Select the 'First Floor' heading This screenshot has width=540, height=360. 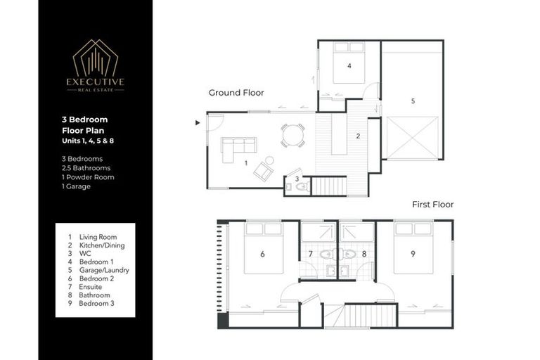click(432, 205)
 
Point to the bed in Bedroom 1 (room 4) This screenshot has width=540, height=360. click(349, 63)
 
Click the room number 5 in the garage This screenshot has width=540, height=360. click(413, 101)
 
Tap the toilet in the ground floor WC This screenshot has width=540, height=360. click(301, 187)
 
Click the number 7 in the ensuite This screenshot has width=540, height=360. click(310, 254)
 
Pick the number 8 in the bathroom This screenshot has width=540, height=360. click(365, 254)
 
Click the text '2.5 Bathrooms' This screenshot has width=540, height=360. click(86, 168)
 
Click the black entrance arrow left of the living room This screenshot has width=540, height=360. click(198, 122)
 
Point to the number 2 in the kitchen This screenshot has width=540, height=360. click(358, 136)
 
